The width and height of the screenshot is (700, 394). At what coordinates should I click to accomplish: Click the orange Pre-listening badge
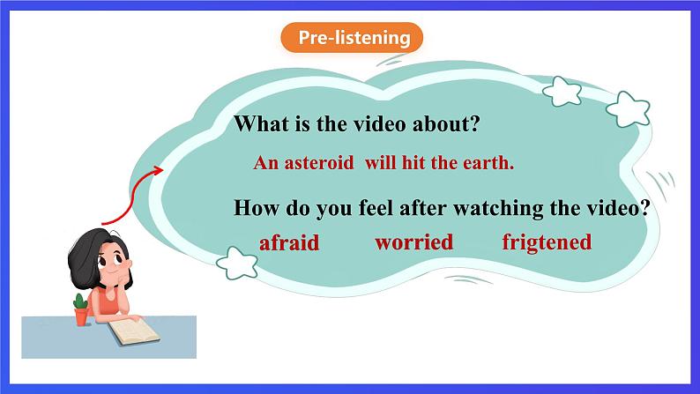pos(352,38)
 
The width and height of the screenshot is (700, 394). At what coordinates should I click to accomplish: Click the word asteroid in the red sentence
pos(319,163)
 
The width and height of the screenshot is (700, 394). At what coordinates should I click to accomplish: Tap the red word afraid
pos(289,242)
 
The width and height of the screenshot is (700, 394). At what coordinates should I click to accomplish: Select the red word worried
pos(413,242)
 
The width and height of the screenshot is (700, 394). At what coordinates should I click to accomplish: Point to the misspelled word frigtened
pos(547,243)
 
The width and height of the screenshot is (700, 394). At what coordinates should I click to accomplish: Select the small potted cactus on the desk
pos(81,310)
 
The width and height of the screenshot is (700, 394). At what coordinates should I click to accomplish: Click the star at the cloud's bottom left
pos(236,264)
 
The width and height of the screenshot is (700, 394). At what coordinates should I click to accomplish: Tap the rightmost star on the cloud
pos(628,109)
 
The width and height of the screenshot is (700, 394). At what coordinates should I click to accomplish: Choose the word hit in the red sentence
pos(413,163)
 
